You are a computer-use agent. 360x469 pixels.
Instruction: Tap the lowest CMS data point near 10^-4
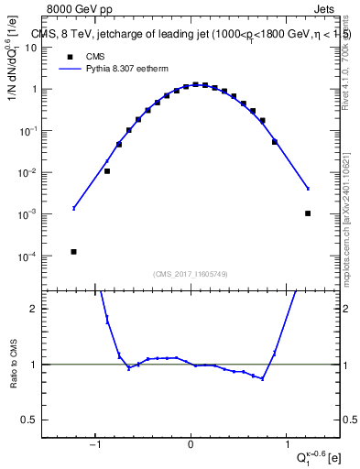point(73,251)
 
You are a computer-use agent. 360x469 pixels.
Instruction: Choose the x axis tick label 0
point(191,445)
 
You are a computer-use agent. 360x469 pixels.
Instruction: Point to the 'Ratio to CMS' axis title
point(12,364)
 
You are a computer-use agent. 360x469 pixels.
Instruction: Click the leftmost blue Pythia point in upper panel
point(73,209)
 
